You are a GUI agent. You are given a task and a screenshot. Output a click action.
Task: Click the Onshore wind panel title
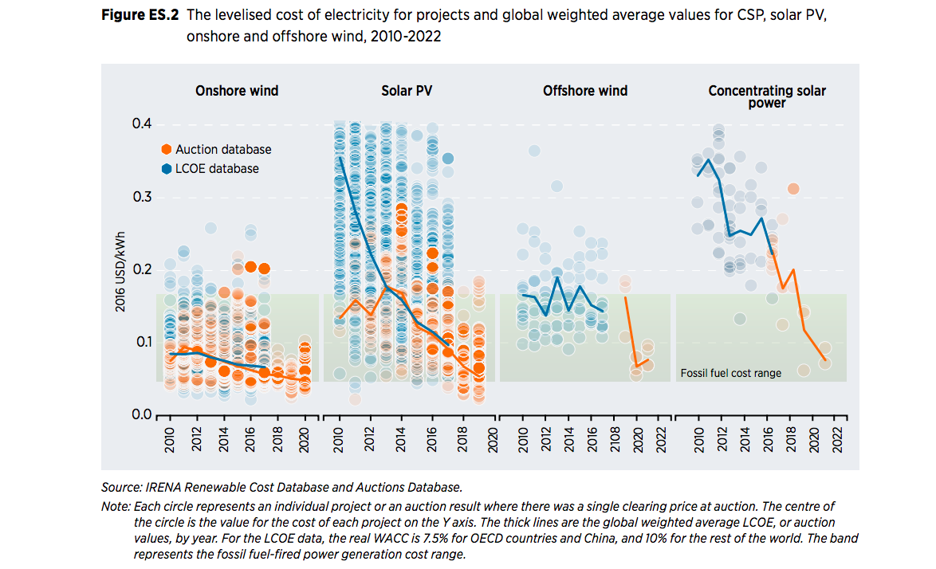[x=237, y=91]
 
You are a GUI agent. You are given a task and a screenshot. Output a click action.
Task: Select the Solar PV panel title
[x=407, y=91]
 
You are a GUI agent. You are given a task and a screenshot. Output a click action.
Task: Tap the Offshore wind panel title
[x=585, y=91]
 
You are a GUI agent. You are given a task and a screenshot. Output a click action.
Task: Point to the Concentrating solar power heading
[x=767, y=96]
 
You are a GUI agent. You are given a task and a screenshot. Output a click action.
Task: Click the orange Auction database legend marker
[x=166, y=149]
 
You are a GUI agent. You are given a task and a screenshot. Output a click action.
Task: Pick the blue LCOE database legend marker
[x=166, y=168]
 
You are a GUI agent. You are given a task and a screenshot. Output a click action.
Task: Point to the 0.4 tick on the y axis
[x=142, y=124]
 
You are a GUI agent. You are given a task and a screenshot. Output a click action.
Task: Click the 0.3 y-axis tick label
[x=142, y=197]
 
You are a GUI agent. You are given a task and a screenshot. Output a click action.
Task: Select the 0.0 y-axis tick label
[x=142, y=415]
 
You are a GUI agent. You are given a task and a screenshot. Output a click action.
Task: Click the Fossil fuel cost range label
[x=730, y=373]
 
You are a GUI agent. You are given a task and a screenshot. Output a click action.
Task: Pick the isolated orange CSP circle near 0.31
[x=793, y=189]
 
